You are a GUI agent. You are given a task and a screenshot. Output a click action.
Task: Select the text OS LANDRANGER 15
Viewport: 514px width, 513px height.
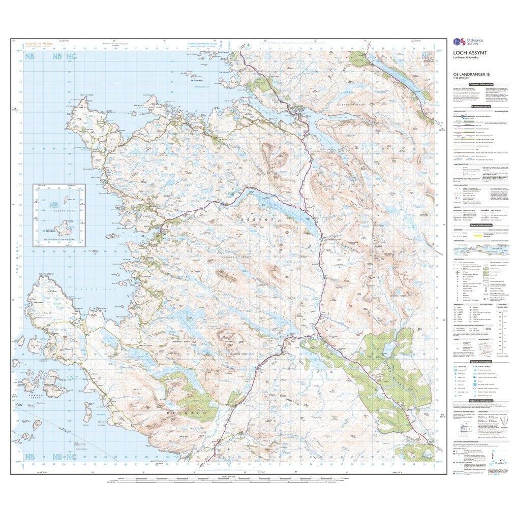[468, 77]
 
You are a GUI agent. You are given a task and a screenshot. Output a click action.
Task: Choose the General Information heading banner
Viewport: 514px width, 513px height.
[480, 225]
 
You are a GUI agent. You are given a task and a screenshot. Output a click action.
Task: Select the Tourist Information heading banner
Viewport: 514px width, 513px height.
[480, 361]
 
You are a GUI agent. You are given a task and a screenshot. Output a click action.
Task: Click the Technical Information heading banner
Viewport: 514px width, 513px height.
[480, 401]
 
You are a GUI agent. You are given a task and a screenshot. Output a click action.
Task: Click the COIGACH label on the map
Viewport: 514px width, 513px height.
[178, 414]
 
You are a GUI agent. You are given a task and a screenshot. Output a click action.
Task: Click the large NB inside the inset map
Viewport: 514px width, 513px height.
[53, 206]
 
